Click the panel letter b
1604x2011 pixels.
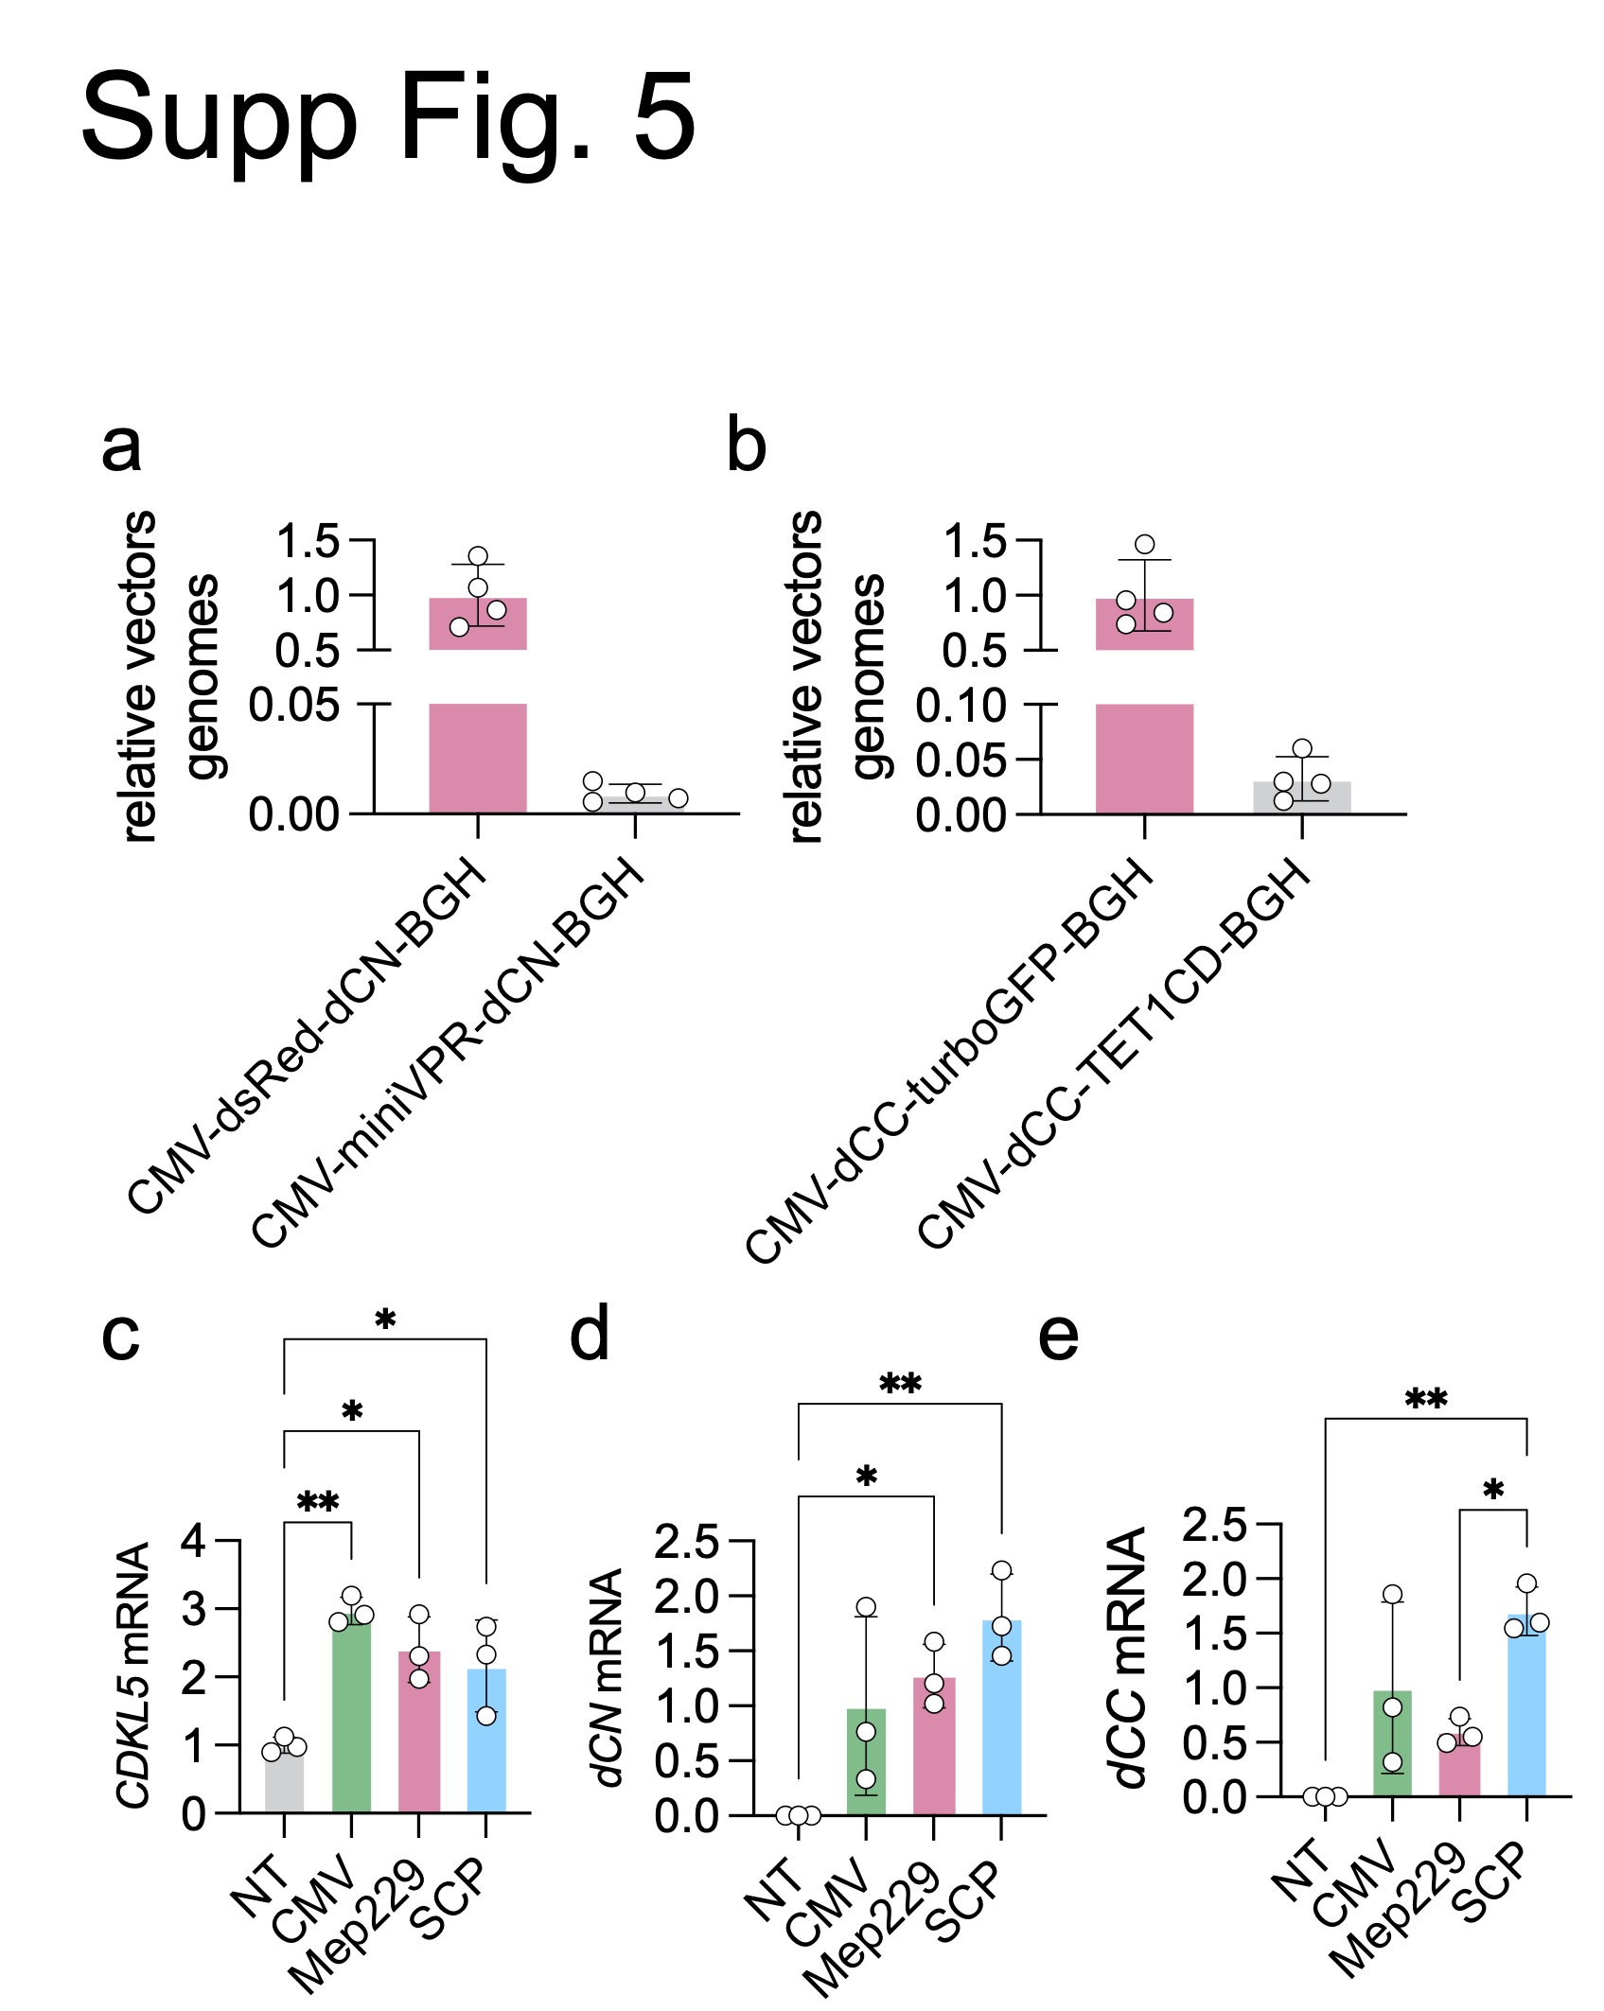[746, 446]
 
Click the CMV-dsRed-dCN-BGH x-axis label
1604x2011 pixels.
[308, 1036]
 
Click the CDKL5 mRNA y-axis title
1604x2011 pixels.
[133, 1674]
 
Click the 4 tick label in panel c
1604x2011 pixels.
[193, 1541]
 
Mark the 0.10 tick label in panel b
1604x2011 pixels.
[961, 706]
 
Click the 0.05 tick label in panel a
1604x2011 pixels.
[293, 706]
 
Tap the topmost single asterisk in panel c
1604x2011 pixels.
[385, 1320]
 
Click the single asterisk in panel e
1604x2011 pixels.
[1493, 1493]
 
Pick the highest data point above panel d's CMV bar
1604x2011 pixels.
[866, 1607]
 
